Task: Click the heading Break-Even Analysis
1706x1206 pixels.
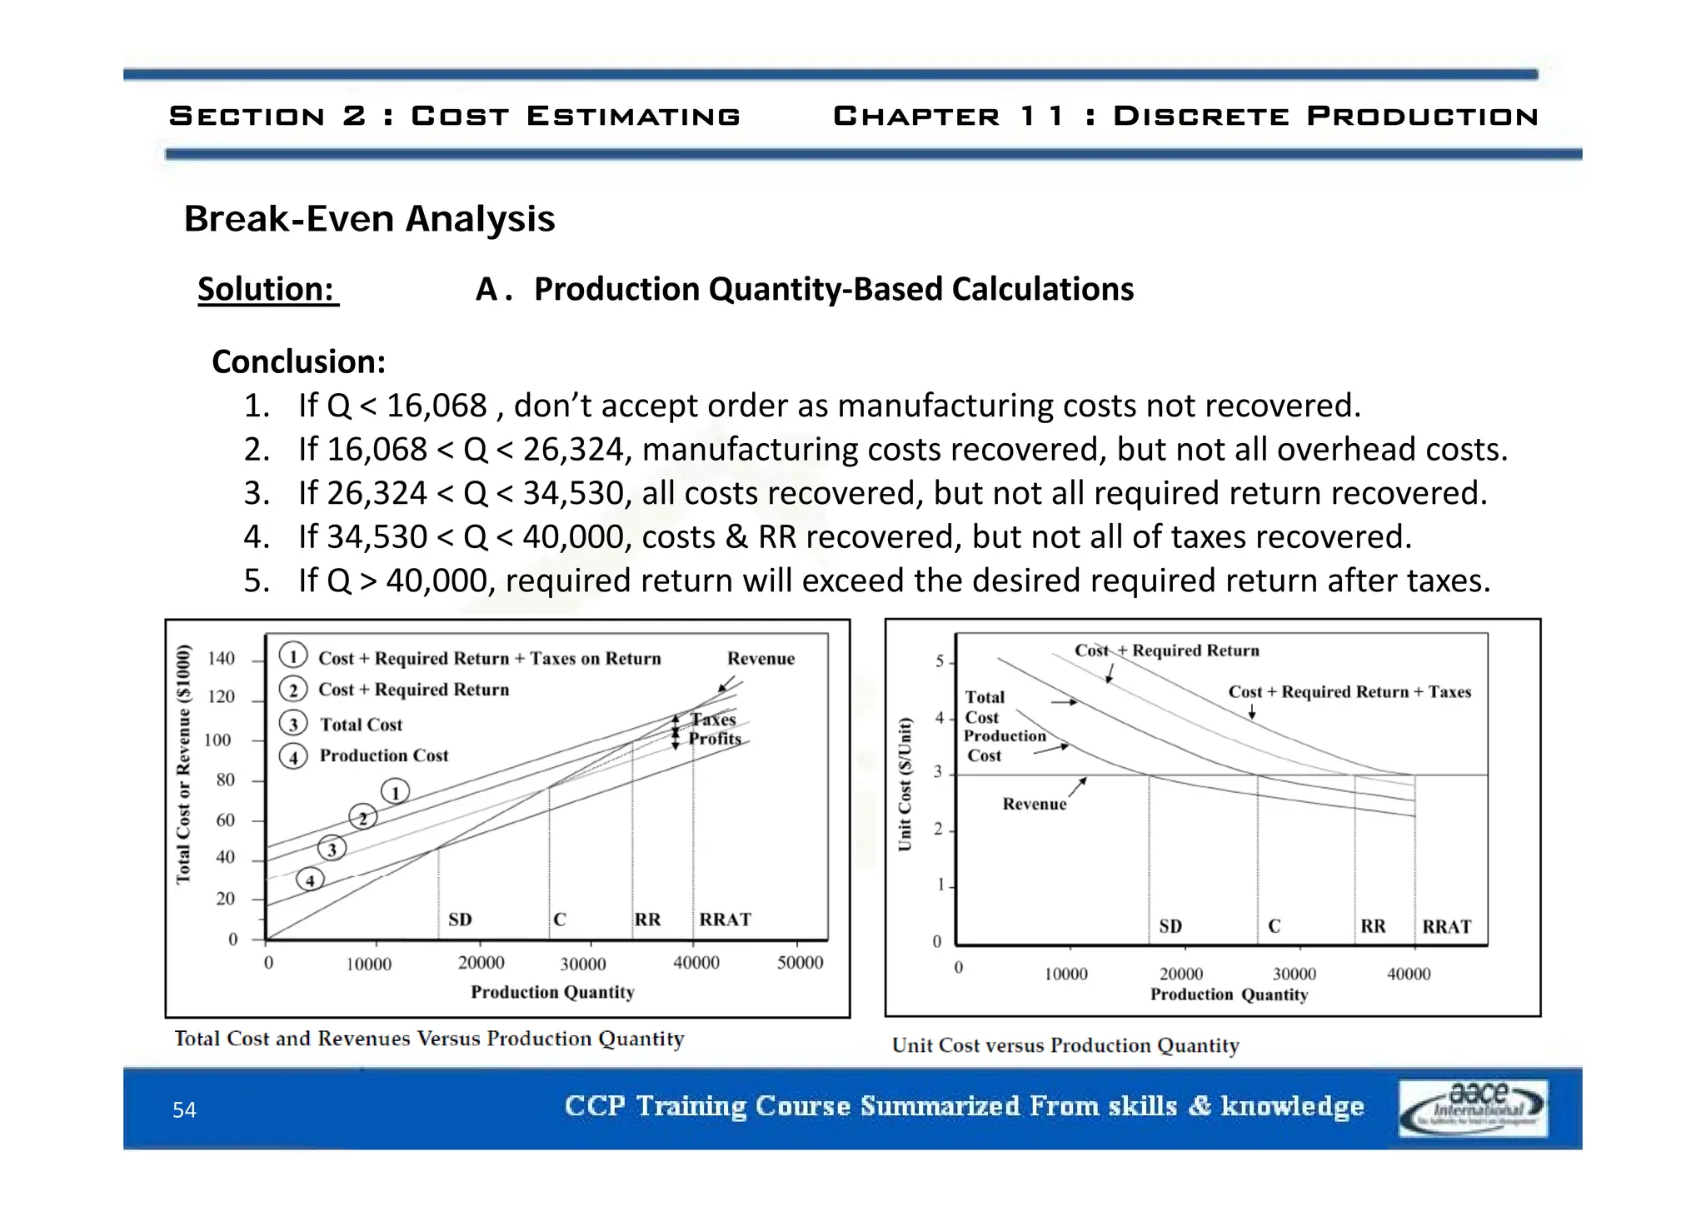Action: (x=369, y=219)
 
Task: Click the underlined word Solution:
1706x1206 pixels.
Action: (x=267, y=290)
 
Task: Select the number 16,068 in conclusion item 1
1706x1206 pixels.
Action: (x=436, y=406)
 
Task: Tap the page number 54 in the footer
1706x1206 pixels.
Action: (x=184, y=1109)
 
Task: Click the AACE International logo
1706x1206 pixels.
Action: (x=1473, y=1108)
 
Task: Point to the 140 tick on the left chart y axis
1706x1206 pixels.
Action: (x=222, y=659)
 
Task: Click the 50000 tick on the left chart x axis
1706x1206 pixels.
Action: (x=800, y=963)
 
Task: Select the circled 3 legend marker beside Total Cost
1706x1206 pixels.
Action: (x=293, y=724)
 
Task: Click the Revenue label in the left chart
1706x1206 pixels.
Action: (x=761, y=659)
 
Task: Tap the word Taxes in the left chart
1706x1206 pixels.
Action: (x=713, y=720)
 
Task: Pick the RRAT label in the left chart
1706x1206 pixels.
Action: (x=725, y=919)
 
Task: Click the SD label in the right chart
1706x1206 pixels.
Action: (x=1170, y=926)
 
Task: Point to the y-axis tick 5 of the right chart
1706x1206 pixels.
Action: (x=940, y=661)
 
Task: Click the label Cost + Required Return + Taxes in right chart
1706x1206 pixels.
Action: (x=1349, y=692)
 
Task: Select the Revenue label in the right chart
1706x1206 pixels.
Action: (x=1034, y=804)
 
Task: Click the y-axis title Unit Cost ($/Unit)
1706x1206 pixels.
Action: (x=905, y=784)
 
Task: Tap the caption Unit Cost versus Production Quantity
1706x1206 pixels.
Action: (x=1065, y=1045)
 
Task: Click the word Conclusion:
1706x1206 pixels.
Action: (x=299, y=362)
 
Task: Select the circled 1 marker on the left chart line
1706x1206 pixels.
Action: (x=395, y=791)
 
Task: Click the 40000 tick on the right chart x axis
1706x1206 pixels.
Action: (x=1409, y=974)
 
